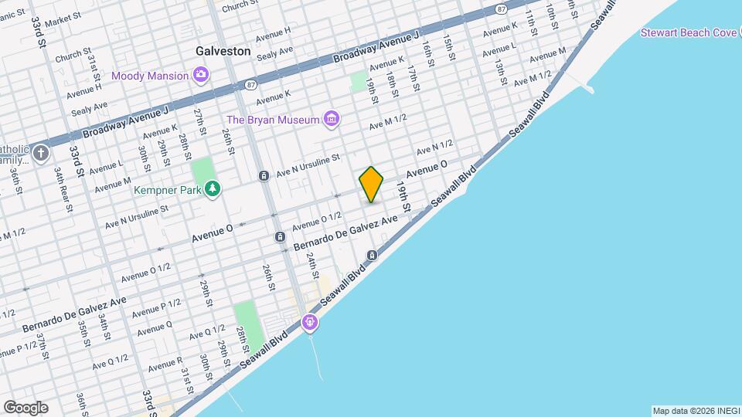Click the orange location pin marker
[x=371, y=185]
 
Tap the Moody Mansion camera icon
[x=201, y=75]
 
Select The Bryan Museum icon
[x=332, y=119]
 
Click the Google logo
[x=26, y=408]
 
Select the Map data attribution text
[x=695, y=410]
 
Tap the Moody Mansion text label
[x=150, y=76]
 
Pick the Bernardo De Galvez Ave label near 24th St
[x=345, y=234]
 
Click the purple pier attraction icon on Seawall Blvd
[x=311, y=321]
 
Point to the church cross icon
[x=40, y=152]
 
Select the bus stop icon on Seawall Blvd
[x=372, y=256]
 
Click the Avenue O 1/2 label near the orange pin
[x=317, y=221]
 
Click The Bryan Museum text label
[x=272, y=120]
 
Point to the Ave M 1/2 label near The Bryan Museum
[x=387, y=122]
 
